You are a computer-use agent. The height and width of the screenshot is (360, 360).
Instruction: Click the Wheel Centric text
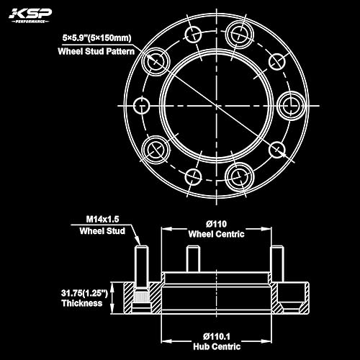point(217,234)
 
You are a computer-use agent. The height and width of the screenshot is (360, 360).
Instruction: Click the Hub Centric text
point(217,346)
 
